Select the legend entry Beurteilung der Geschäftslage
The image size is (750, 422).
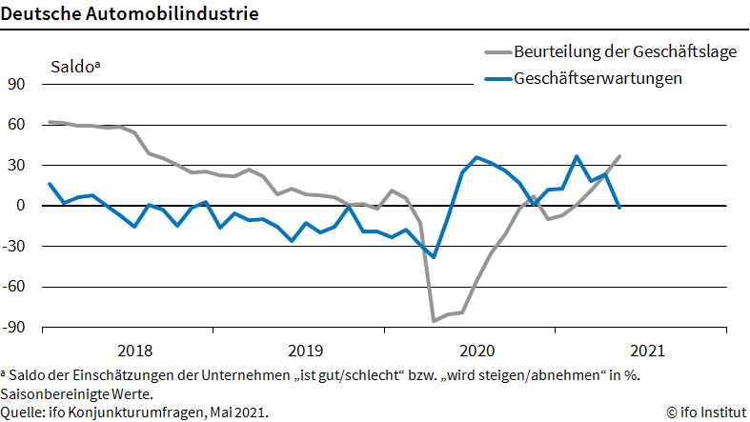[624, 51]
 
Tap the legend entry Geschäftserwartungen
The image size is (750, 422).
[598, 78]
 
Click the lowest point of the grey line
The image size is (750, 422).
[434, 320]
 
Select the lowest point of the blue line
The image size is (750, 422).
[434, 257]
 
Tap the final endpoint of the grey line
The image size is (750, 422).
[619, 156]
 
